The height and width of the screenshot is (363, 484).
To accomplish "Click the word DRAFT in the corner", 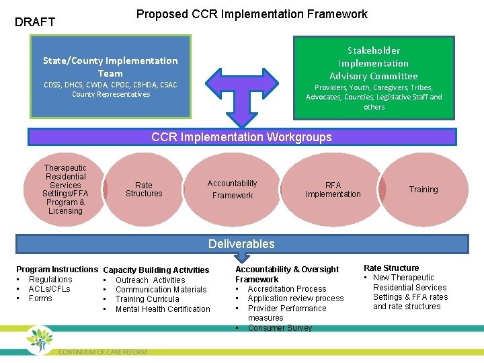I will click(x=35, y=22).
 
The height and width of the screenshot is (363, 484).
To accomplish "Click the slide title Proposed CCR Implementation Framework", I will click(x=252, y=14).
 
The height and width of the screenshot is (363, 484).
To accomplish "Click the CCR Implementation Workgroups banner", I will click(x=241, y=137).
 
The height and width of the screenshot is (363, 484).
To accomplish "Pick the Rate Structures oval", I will click(x=144, y=190).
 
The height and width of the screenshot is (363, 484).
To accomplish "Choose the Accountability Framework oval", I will click(x=233, y=190).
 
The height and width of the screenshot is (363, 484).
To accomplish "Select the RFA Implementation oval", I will click(x=333, y=190).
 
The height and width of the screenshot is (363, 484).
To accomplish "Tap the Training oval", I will click(x=424, y=190).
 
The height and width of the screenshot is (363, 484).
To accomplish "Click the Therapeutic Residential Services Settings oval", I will click(x=65, y=190).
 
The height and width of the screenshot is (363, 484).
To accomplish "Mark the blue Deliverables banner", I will click(x=241, y=244).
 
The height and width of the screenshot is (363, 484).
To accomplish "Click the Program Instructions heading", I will click(x=57, y=270).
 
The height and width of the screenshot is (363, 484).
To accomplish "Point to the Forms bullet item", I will click(x=40, y=298).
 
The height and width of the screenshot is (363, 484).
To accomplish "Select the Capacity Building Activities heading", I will click(x=156, y=270).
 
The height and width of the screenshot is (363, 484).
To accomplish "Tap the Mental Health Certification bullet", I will click(x=163, y=309).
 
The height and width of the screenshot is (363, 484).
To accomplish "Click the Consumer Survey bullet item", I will click(x=280, y=328).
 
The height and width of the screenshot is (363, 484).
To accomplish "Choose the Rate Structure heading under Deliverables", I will click(x=391, y=268).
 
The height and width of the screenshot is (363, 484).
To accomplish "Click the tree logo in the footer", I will click(x=40, y=339).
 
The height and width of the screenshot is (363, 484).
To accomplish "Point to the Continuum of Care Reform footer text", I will click(x=102, y=352).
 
